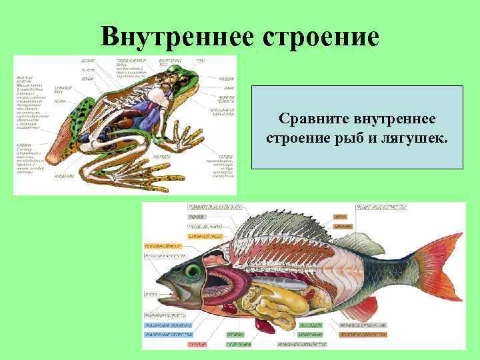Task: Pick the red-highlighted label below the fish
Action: (196, 344)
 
